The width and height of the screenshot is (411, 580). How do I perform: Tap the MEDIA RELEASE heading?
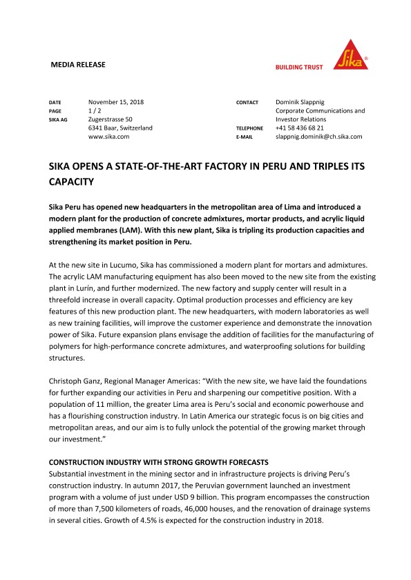point(79,65)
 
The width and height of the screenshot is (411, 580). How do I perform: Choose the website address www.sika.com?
point(109,137)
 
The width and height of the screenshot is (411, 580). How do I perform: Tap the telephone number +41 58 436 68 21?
point(309,128)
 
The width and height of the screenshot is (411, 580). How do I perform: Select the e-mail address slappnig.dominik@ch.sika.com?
point(318,137)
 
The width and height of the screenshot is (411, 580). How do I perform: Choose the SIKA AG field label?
point(59,120)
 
